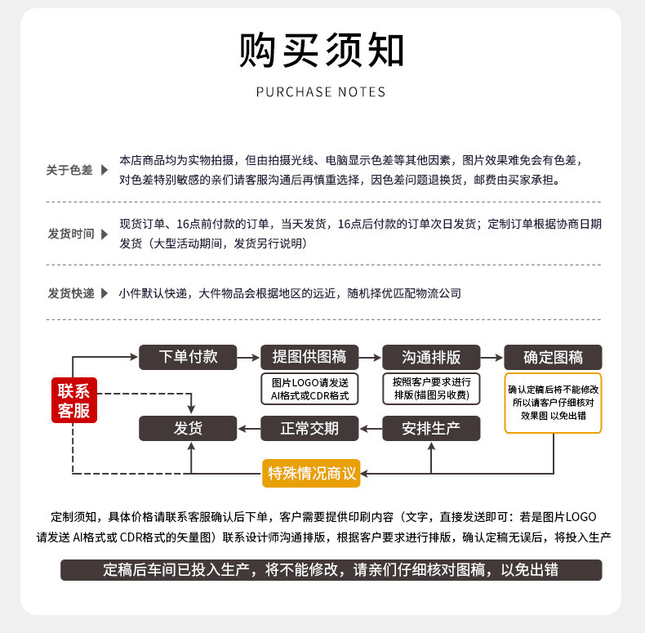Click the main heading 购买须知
coord(322,51)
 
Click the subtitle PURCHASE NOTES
coord(321,92)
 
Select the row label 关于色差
coord(69,170)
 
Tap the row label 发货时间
coord(71,234)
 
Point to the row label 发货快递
coord(71,293)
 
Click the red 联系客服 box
coord(73,400)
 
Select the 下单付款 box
coord(188,357)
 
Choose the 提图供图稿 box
coord(309,357)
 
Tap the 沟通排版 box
coord(431,357)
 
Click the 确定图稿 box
coord(553,357)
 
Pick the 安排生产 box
coord(431,428)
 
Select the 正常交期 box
coord(309,428)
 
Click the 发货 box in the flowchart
coord(188,428)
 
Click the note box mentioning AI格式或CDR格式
coord(309,389)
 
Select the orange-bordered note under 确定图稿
coord(553,403)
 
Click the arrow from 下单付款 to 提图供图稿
coord(248,357)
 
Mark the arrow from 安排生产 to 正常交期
coord(371,428)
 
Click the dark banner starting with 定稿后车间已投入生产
coord(331,570)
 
